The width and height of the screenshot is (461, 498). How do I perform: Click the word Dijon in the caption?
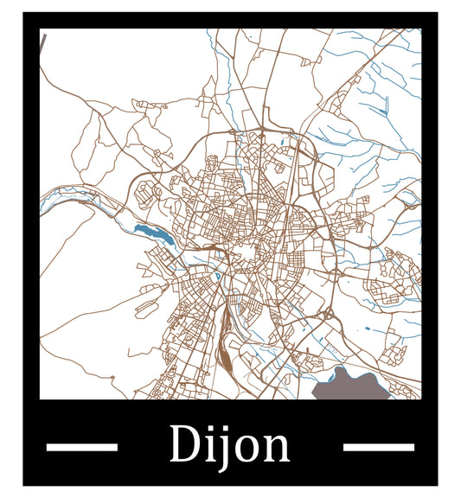[x=229, y=445]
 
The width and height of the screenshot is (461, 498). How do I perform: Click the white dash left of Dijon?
[x=81, y=447]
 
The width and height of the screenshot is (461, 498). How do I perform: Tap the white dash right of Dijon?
[x=378, y=447]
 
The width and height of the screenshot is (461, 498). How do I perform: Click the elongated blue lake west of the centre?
[x=152, y=232]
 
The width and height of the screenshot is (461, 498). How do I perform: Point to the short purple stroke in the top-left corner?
[x=43, y=42]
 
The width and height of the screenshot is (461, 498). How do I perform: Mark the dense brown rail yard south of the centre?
[x=225, y=342]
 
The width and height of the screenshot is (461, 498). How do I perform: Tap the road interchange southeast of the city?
[x=329, y=313]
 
